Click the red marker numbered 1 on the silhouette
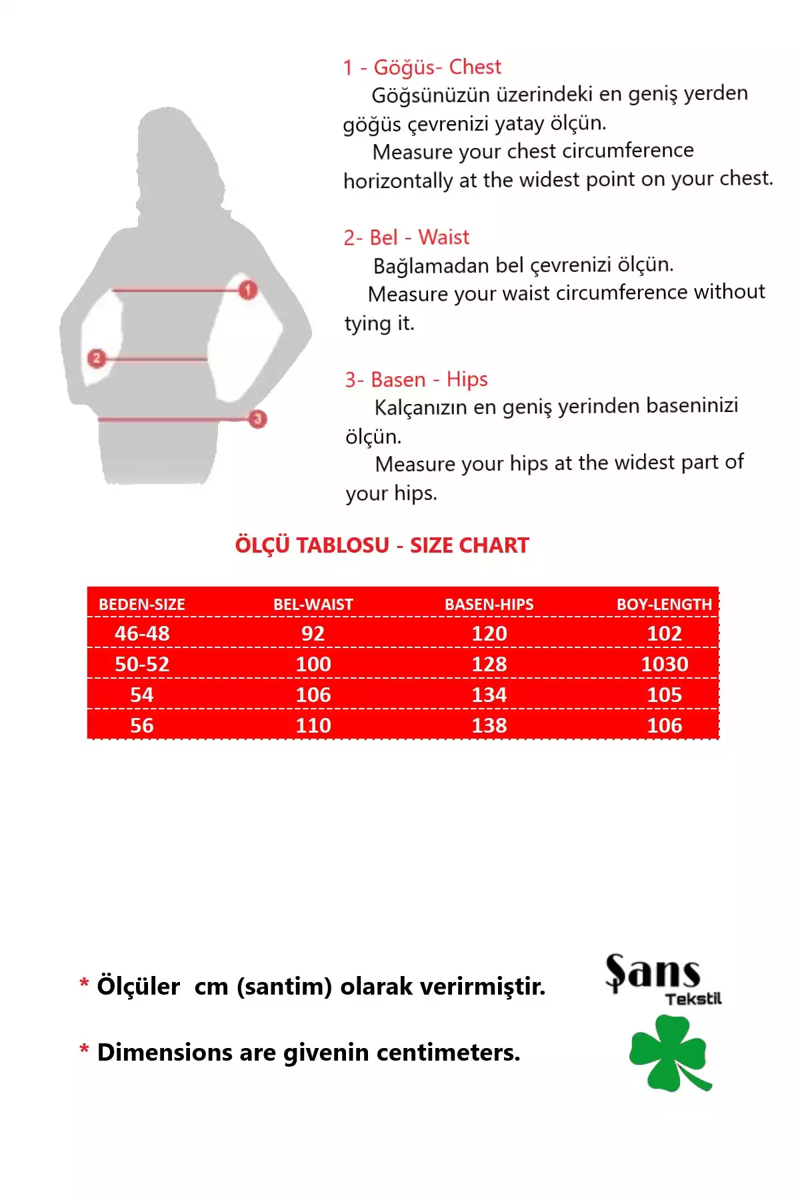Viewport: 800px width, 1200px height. [248, 290]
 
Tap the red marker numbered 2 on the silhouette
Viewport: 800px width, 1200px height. [97, 359]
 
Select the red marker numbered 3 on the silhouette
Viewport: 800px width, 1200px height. [257, 419]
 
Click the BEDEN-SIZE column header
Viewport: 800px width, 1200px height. [142, 604]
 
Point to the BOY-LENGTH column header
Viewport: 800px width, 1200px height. [664, 604]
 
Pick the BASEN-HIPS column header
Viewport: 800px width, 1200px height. [489, 604]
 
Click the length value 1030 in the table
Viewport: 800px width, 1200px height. [665, 664]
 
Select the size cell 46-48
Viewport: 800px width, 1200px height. [142, 633]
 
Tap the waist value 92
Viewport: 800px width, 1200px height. [313, 633]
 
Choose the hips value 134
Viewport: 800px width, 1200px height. [489, 695]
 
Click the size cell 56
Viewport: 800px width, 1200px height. [142, 725]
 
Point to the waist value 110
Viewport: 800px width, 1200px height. [313, 725]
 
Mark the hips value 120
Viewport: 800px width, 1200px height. [489, 633]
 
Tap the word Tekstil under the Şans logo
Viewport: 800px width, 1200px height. [693, 999]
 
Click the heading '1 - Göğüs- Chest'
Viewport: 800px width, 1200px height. [422, 67]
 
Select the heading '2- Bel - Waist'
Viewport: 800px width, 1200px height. [407, 237]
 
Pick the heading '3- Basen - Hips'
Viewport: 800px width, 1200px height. [417, 379]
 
